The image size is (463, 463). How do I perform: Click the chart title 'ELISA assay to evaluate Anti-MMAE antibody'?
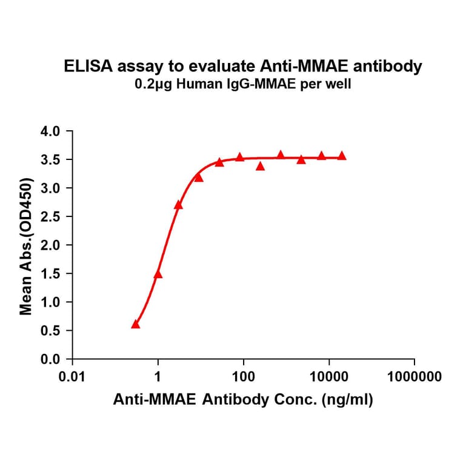click(x=243, y=67)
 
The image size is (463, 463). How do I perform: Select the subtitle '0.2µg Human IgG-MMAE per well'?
click(x=243, y=85)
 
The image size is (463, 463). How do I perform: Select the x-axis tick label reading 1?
click(x=158, y=377)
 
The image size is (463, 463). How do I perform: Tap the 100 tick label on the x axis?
click(x=244, y=377)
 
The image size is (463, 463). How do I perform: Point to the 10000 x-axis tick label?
click(x=329, y=377)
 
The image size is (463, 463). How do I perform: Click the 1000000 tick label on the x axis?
click(x=415, y=377)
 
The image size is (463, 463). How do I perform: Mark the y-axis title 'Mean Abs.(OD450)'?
click(x=26, y=246)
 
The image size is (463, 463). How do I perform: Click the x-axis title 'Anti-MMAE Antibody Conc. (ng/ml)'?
click(x=243, y=400)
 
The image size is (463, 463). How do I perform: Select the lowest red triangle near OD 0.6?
click(x=136, y=325)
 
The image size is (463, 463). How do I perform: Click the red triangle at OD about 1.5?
click(x=158, y=275)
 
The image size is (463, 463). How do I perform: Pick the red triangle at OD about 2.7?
click(x=178, y=205)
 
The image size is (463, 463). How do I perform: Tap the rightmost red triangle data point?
click(x=342, y=156)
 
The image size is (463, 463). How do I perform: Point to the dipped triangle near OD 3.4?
click(x=261, y=166)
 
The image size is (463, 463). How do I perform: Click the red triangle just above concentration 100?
click(x=240, y=157)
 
